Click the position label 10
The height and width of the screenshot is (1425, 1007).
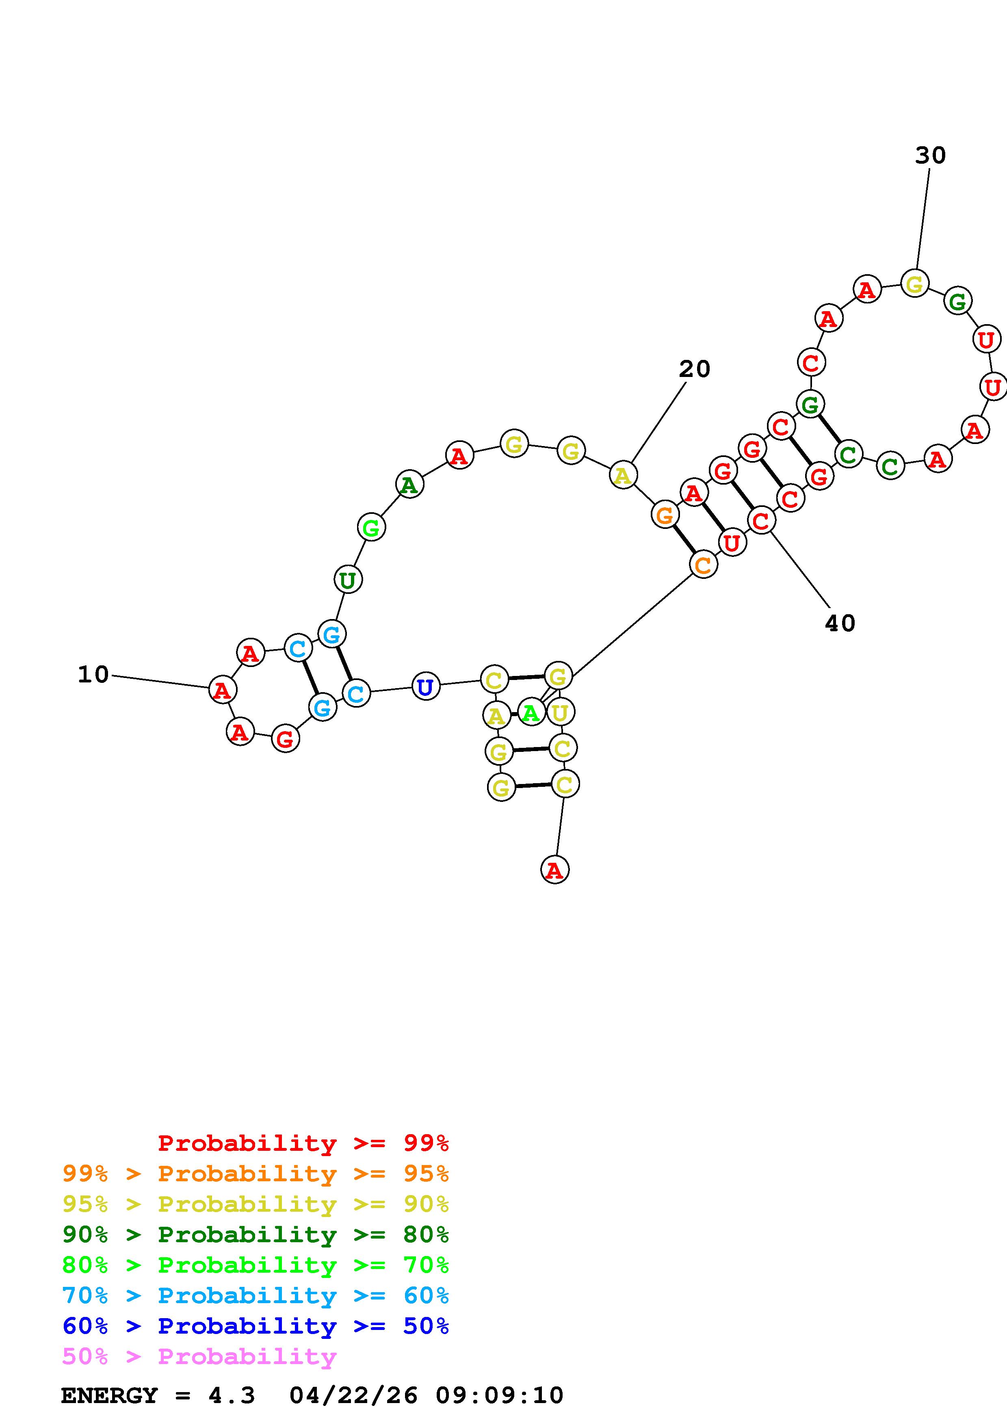93,675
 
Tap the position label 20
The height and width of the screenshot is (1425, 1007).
694,369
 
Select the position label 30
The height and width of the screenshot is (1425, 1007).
930,156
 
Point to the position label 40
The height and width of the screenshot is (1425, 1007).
840,623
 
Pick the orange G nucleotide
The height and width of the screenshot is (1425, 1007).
665,515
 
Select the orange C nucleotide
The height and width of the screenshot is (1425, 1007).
703,565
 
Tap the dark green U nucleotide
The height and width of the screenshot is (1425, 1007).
347,580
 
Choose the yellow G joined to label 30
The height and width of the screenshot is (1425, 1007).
914,284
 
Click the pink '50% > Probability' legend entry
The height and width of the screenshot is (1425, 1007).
199,1357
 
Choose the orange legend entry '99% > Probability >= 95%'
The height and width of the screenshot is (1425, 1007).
255,1174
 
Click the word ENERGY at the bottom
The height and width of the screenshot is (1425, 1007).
109,1396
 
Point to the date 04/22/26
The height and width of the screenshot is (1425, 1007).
354,1396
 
